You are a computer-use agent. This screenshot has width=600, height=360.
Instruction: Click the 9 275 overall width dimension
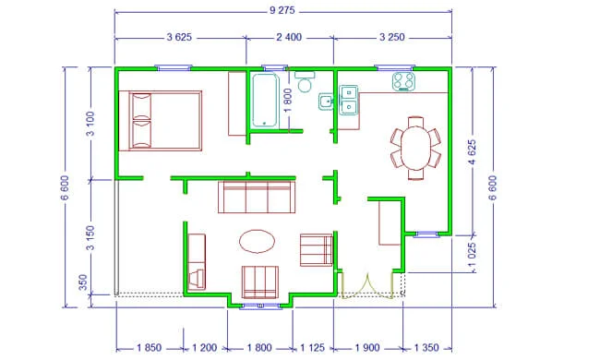282,10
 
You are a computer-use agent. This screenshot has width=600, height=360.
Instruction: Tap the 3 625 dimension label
179,38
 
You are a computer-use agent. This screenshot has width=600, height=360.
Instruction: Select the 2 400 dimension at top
289,38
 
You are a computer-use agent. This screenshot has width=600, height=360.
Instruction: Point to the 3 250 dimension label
391,38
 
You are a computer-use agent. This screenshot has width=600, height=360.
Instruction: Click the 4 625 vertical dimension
473,152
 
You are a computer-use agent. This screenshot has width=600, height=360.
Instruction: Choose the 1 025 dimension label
473,255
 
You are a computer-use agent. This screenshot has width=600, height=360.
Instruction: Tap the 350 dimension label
83,282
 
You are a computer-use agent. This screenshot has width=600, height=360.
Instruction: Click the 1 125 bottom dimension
312,348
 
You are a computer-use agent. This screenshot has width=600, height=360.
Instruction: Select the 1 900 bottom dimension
367,348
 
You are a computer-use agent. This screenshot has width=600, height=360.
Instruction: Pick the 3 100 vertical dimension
90,124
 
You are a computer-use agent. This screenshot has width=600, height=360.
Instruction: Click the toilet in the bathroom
305,81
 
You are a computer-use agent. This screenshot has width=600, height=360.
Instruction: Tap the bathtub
264,100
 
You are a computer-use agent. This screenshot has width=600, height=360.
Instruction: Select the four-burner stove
403,81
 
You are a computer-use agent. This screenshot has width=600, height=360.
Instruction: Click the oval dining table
415,148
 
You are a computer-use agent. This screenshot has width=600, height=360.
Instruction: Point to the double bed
161,121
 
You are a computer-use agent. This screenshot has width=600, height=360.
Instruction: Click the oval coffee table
258,242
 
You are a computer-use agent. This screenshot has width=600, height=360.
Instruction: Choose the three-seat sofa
257,197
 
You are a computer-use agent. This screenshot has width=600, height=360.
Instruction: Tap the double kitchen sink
349,100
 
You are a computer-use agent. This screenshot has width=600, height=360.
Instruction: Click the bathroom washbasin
326,102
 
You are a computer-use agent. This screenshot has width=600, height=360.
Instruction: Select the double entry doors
367,285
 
